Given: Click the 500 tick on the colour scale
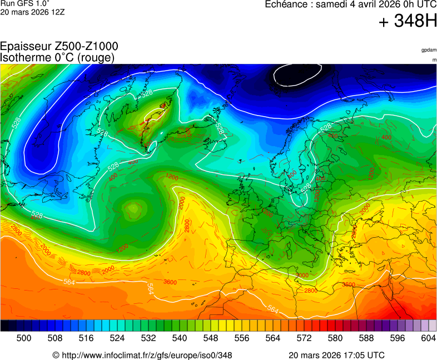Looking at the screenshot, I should (x=23, y=337).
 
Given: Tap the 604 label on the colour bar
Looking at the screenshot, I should (x=428, y=337).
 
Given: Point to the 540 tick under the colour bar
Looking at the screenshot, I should (x=179, y=337).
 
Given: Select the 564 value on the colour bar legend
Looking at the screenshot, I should (x=272, y=337).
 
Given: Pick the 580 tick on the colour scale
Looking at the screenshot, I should (x=335, y=337).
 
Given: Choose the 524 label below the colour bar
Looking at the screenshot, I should (x=117, y=337).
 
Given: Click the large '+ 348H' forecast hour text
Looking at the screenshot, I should (x=408, y=22).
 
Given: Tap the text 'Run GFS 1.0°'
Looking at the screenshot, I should (x=21, y=3).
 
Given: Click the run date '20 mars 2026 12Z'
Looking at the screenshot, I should (x=32, y=12).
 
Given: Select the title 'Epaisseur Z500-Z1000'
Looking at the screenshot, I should (x=59, y=47).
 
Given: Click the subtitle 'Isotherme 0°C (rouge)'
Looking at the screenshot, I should (x=57, y=57).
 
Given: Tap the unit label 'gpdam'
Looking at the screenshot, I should (x=429, y=50).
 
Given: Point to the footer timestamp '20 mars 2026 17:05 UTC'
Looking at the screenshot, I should (x=336, y=355).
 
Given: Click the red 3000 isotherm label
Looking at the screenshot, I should (x=302, y=276).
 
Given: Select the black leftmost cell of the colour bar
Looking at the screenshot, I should (x=4, y=326).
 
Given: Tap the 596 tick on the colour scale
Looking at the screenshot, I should (x=397, y=337).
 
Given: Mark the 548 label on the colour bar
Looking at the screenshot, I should (x=210, y=337).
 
